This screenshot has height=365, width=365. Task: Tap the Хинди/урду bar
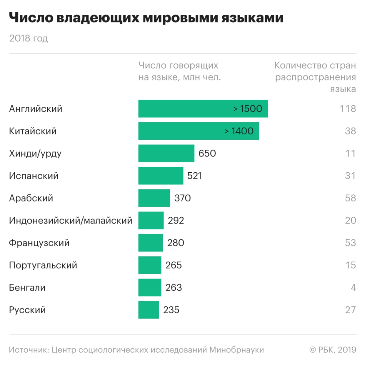(x=166, y=154)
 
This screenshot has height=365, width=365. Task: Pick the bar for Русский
(x=149, y=310)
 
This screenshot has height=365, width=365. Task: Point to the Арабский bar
(x=154, y=198)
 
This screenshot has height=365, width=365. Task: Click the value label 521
(x=194, y=176)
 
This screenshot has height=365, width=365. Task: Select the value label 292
(x=176, y=221)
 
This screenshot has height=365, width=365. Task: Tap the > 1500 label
(x=248, y=109)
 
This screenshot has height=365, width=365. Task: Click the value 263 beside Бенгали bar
(x=174, y=288)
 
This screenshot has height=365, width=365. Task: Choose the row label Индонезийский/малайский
(x=71, y=221)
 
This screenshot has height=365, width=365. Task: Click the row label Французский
(x=39, y=243)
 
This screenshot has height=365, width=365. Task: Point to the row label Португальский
(x=43, y=265)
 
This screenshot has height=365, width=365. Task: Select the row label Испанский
(x=34, y=176)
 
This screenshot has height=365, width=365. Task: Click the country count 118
(x=348, y=109)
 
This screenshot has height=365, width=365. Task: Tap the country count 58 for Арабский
(x=350, y=198)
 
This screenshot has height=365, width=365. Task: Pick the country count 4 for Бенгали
(x=353, y=288)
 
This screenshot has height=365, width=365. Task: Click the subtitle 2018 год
(x=29, y=39)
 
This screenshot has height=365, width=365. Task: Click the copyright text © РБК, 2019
(x=333, y=350)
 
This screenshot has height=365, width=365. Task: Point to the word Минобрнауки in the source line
(x=237, y=350)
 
